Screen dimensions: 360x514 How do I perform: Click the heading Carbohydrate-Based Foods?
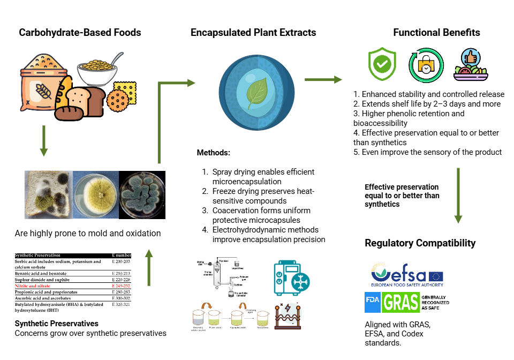pos(80,33)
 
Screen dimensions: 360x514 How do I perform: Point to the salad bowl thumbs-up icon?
pos(470,65)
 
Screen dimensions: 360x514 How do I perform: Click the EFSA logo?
pos(407,275)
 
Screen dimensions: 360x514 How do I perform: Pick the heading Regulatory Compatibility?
pos(420,243)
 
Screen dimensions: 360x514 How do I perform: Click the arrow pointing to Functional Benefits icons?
pos(323,80)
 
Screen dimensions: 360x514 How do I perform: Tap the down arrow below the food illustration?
pos(44,141)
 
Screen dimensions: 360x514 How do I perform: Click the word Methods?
pos(213,153)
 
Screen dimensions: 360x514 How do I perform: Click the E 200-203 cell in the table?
pos(120,261)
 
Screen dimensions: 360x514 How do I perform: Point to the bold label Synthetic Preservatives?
pos(56,324)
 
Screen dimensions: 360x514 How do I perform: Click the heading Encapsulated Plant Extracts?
pos(253,33)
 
